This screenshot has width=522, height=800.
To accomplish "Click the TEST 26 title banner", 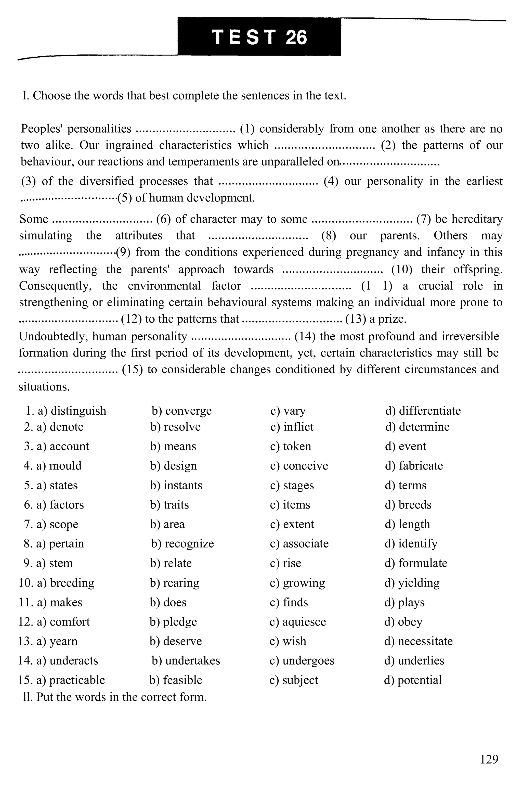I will coord(259,37).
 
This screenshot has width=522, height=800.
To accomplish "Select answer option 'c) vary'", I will coord(288,411).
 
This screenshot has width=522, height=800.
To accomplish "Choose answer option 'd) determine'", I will coord(417,427).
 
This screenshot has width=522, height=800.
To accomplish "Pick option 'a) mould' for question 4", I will coord(59,466).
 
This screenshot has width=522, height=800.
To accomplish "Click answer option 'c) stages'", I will coord(292,485).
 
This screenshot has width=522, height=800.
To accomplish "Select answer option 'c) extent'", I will coord(292,524).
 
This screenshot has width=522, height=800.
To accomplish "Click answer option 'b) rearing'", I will coord(174,582).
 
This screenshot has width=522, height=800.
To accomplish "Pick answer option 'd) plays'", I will coord(404,602).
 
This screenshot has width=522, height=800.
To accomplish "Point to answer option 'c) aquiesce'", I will coord(298,622).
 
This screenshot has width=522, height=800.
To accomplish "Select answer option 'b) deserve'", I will coord(176,641).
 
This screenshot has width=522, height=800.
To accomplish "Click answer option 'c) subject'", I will coord(294,680).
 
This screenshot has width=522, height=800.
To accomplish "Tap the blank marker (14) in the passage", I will coord(305,336).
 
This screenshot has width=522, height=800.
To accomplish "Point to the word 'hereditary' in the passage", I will coord(477,219).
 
